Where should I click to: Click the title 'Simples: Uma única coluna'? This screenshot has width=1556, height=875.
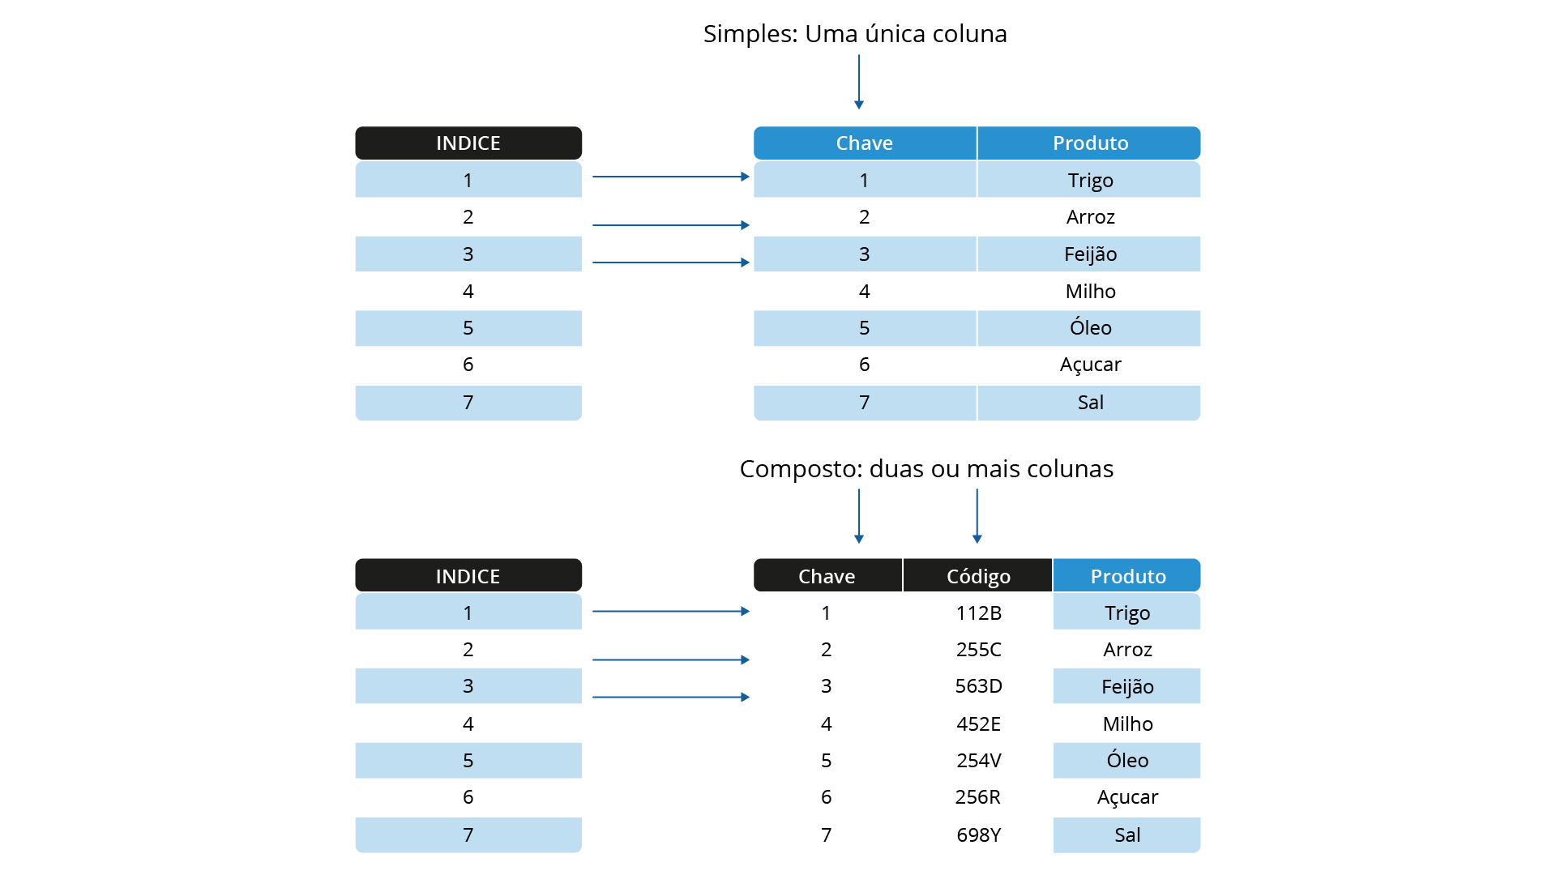tap(855, 34)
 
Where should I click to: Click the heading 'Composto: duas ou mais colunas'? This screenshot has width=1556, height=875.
tap(926, 469)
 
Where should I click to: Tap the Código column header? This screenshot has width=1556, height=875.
tap(978, 576)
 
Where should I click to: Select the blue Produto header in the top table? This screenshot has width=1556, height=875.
tap(1090, 143)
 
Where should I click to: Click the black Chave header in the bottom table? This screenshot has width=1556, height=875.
tap(827, 576)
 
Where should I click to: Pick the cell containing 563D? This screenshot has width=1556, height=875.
tap(978, 686)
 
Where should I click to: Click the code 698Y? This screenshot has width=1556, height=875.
tap(978, 835)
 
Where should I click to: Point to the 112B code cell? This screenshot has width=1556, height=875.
tap(978, 612)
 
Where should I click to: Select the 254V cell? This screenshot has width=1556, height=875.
tap(978, 761)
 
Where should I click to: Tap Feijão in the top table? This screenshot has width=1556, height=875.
tap(1090, 254)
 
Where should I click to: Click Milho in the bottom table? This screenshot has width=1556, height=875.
tap(1127, 723)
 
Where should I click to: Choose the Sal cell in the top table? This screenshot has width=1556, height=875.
tap(1090, 403)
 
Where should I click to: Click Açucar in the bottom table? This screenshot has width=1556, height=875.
tap(1127, 797)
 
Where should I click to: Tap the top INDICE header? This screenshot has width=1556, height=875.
tap(468, 143)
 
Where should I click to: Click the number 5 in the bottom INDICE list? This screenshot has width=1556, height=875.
tap(468, 761)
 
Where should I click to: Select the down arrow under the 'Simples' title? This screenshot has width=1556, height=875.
tap(859, 82)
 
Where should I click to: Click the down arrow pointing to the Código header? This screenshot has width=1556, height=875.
tap(977, 516)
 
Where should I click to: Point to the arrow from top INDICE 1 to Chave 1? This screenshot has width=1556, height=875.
tap(671, 177)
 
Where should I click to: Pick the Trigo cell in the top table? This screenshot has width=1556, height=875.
tap(1090, 180)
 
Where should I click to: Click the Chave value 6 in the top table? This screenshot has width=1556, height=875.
tap(865, 365)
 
